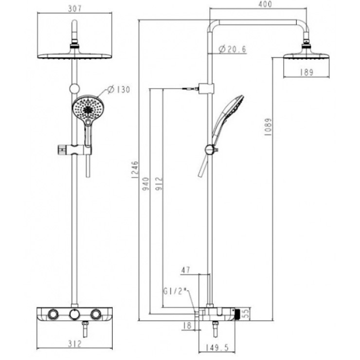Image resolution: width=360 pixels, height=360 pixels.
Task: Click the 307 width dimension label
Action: tap(75, 9)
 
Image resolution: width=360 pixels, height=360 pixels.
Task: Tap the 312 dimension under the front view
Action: tap(75, 343)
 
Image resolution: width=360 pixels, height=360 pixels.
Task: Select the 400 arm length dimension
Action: tap(265, 4)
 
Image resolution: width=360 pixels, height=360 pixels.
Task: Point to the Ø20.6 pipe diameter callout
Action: tap(232, 49)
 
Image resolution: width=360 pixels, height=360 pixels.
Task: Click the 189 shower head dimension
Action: tap(306, 72)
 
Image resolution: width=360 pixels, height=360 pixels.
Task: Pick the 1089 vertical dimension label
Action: tap(268, 127)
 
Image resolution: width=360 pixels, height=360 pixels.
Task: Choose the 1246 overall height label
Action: tap(135, 170)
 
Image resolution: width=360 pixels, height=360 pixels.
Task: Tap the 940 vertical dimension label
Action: tap(146, 183)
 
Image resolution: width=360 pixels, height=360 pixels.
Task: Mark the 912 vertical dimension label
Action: tap(159, 183)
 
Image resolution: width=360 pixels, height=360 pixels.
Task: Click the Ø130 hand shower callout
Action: tap(119, 90)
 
